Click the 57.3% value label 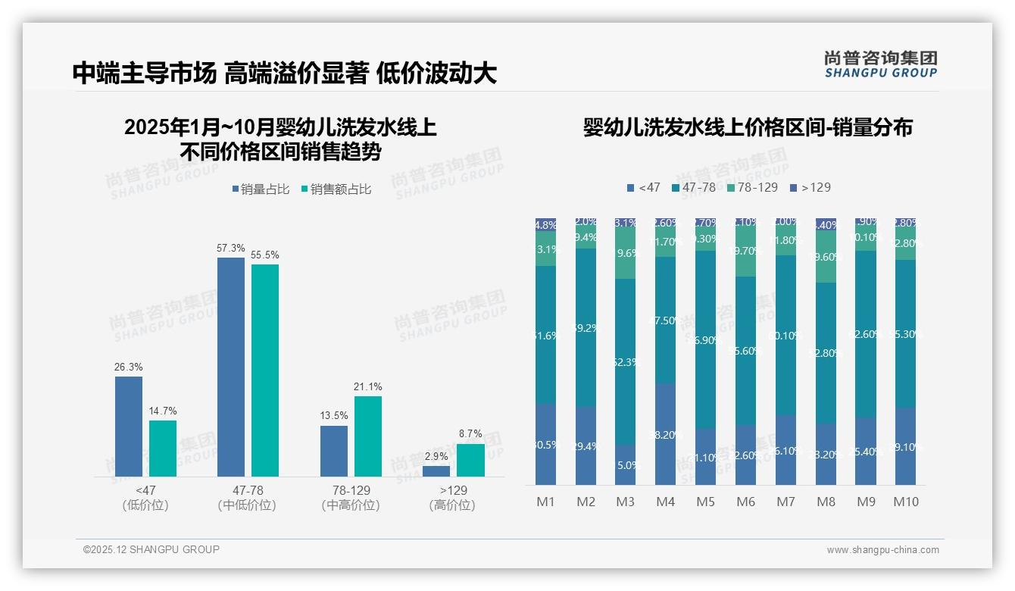[231, 248]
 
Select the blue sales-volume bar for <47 [129, 427]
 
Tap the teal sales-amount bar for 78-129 [368, 436]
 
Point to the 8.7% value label [470, 434]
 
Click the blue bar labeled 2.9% [436, 471]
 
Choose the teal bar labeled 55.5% [265, 370]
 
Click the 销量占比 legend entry [260, 189]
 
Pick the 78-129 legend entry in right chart [751, 187]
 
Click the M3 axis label [626, 502]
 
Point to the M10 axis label [906, 502]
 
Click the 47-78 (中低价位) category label [247, 498]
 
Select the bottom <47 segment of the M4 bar [666, 434]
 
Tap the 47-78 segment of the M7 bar [785, 335]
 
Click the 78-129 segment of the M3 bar [626, 254]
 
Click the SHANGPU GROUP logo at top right [881, 64]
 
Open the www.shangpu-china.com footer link [882, 550]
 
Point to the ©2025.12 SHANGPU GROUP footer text [151, 549]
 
